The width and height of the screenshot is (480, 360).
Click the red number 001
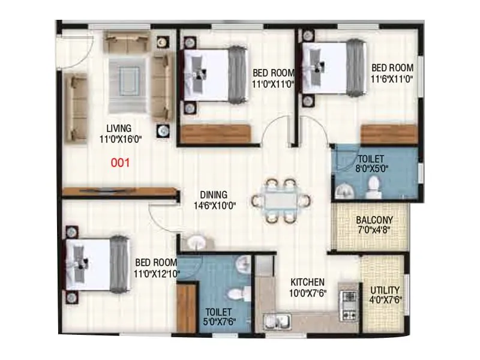point(121,162)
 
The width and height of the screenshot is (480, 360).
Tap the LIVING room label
point(119,128)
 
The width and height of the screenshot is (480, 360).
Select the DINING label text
point(214,194)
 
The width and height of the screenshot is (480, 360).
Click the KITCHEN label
point(308,282)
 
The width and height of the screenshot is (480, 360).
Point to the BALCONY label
point(374,220)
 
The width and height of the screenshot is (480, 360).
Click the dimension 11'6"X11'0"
point(392,78)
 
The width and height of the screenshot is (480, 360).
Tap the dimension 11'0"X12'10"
point(156,273)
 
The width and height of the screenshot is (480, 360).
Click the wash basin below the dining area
point(197,243)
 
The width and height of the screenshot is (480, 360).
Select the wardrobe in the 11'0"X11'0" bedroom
point(217,133)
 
